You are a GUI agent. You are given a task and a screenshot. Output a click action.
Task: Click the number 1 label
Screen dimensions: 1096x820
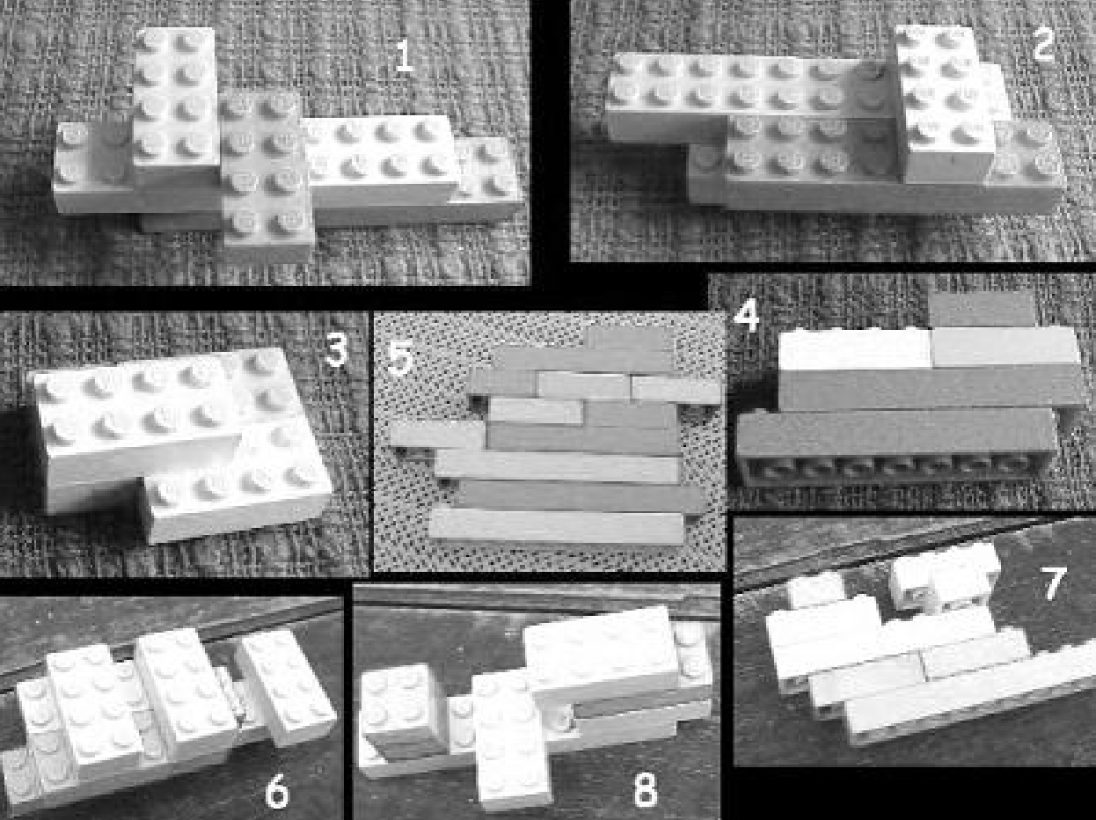coord(404,56)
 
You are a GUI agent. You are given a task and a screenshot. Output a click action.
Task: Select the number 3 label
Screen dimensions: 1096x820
coord(336,349)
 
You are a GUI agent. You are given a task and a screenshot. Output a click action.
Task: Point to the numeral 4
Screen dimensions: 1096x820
coord(747,315)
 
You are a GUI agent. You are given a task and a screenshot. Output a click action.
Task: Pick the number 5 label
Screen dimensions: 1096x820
coord(400,357)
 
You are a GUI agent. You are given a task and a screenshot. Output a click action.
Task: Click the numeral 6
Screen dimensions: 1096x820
coord(277,792)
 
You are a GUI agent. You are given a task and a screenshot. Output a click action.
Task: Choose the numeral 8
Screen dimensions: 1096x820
coord(645,791)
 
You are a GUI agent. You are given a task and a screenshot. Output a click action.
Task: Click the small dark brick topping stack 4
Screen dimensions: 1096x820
coord(982,310)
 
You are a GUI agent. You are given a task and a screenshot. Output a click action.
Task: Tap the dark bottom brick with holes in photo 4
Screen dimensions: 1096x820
coord(896,447)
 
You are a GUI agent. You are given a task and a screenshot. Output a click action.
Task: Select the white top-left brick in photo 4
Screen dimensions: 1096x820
coord(855,349)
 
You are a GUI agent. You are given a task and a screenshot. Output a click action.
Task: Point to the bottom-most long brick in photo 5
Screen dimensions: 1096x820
coord(556,525)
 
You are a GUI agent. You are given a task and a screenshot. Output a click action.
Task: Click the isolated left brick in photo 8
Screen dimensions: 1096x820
coord(402,709)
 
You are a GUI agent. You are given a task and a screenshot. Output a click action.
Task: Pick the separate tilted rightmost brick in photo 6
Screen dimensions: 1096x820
coord(286,686)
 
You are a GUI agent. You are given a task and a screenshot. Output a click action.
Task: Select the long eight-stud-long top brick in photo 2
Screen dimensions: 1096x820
coord(749,98)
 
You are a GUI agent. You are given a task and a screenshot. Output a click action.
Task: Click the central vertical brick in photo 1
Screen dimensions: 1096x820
coord(267,175)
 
